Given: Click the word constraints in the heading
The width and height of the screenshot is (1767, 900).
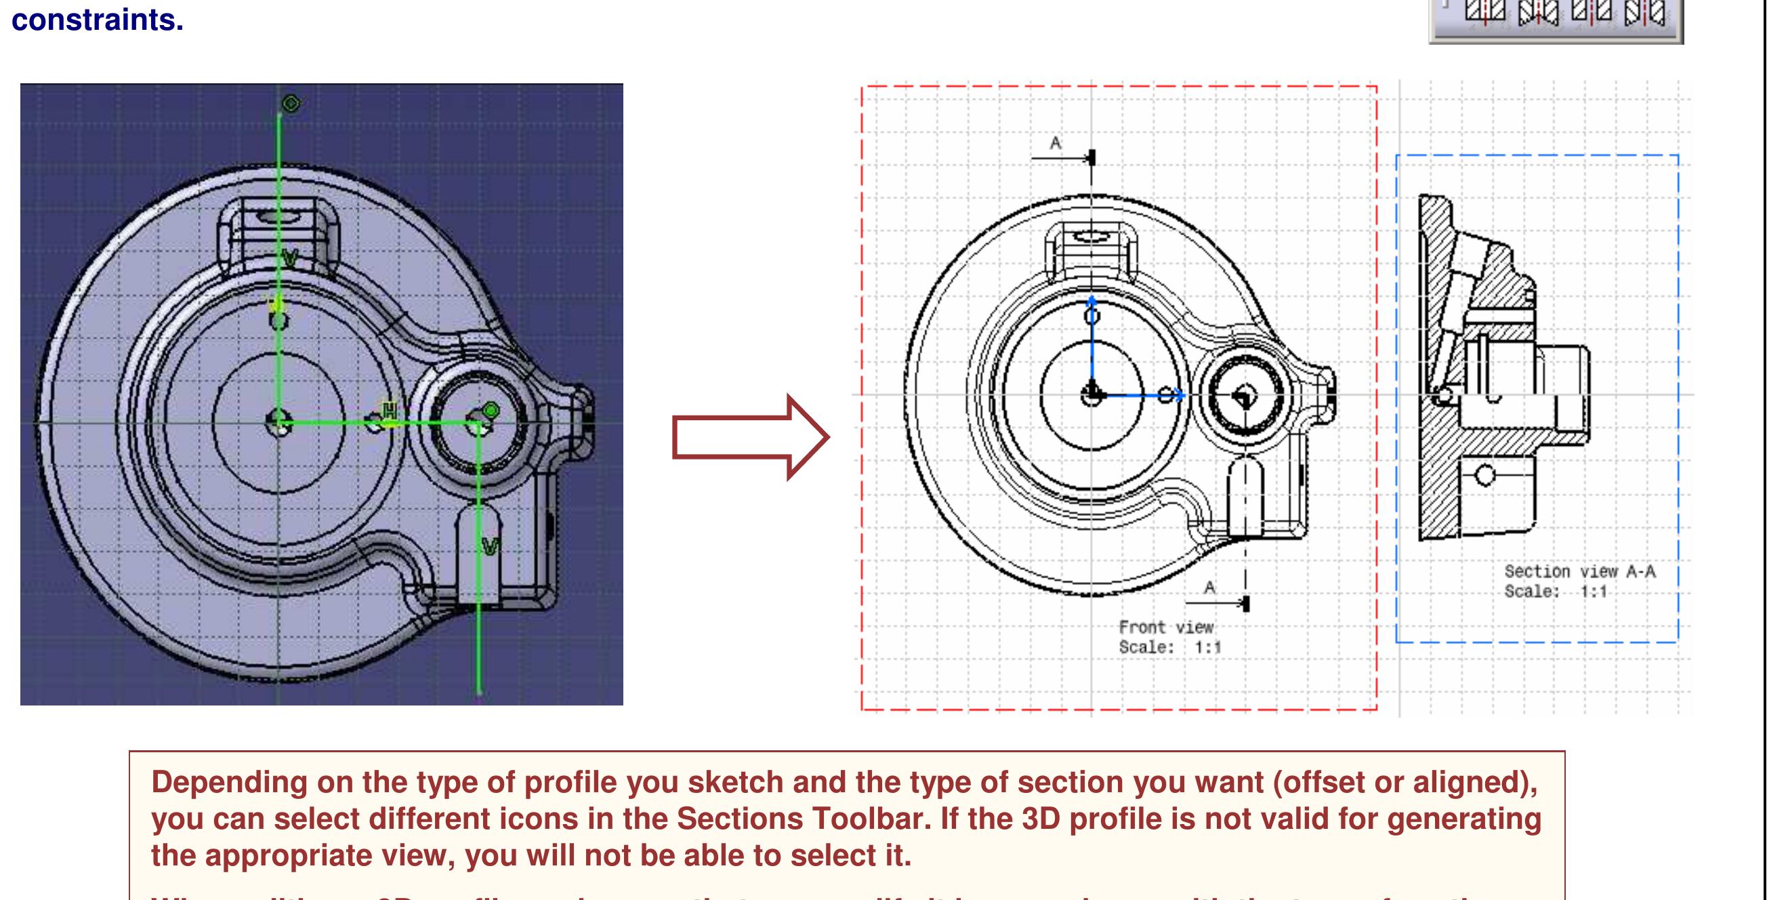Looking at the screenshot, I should [x=98, y=19].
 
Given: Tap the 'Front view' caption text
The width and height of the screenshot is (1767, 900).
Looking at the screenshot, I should [x=1165, y=627].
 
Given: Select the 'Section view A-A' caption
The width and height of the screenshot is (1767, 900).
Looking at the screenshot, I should [x=1580, y=571].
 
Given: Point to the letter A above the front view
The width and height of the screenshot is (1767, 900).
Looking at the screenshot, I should [x=1056, y=143].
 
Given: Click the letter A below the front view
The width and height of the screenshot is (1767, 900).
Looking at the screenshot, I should [x=1209, y=587].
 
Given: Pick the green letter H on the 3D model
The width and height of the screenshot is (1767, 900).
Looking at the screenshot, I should [x=390, y=411].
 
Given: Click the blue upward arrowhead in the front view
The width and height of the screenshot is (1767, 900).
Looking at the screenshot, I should [x=1092, y=300].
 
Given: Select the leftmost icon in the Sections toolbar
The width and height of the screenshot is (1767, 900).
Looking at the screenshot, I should [x=1485, y=12].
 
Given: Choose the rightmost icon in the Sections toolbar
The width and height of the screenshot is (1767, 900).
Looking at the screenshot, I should [x=1644, y=12].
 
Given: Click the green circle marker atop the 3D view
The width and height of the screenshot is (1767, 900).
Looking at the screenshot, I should [x=291, y=104].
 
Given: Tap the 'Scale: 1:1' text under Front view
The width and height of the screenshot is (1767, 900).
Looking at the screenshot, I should [x=1170, y=647].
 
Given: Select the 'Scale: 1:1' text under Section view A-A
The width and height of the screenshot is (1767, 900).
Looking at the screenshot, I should [x=1555, y=592].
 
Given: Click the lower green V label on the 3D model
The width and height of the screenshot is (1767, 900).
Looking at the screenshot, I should [x=490, y=547].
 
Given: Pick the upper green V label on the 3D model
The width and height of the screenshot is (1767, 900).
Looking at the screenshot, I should [x=289, y=259].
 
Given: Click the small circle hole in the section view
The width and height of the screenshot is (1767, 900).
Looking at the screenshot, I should [x=1485, y=474].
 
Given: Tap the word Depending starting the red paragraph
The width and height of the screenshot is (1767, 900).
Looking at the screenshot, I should [x=227, y=782].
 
